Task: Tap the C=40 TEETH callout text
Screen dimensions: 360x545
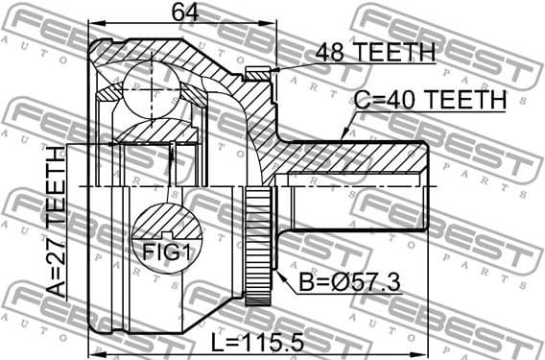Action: [x=429, y=100]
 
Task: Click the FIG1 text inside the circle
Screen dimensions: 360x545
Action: [x=166, y=253]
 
